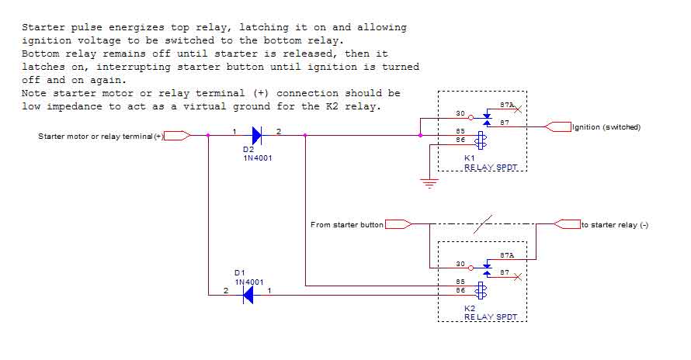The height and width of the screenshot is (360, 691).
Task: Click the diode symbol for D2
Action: tap(255, 135)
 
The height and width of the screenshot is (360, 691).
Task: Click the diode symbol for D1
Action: tap(248, 295)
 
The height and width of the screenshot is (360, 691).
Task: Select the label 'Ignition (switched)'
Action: tap(606, 127)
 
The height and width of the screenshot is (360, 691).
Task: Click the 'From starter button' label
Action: tap(347, 225)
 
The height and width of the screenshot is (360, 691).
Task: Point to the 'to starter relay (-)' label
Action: tap(615, 225)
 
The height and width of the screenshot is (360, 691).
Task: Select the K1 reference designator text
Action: tap(469, 157)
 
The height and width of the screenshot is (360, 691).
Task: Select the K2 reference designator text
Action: tap(469, 308)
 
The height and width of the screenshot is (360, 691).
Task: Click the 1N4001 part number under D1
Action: tap(249, 281)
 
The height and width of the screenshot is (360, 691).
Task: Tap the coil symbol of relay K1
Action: tap(481, 140)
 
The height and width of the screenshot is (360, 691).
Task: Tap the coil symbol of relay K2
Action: tap(481, 291)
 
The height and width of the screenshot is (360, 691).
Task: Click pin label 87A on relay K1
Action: tap(506, 106)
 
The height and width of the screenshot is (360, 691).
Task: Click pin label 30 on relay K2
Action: tap(460, 265)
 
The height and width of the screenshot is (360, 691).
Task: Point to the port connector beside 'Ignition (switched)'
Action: tap(558, 127)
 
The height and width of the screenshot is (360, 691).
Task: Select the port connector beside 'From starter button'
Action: tap(398, 225)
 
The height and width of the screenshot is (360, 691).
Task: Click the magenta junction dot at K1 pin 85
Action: tap(420, 135)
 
